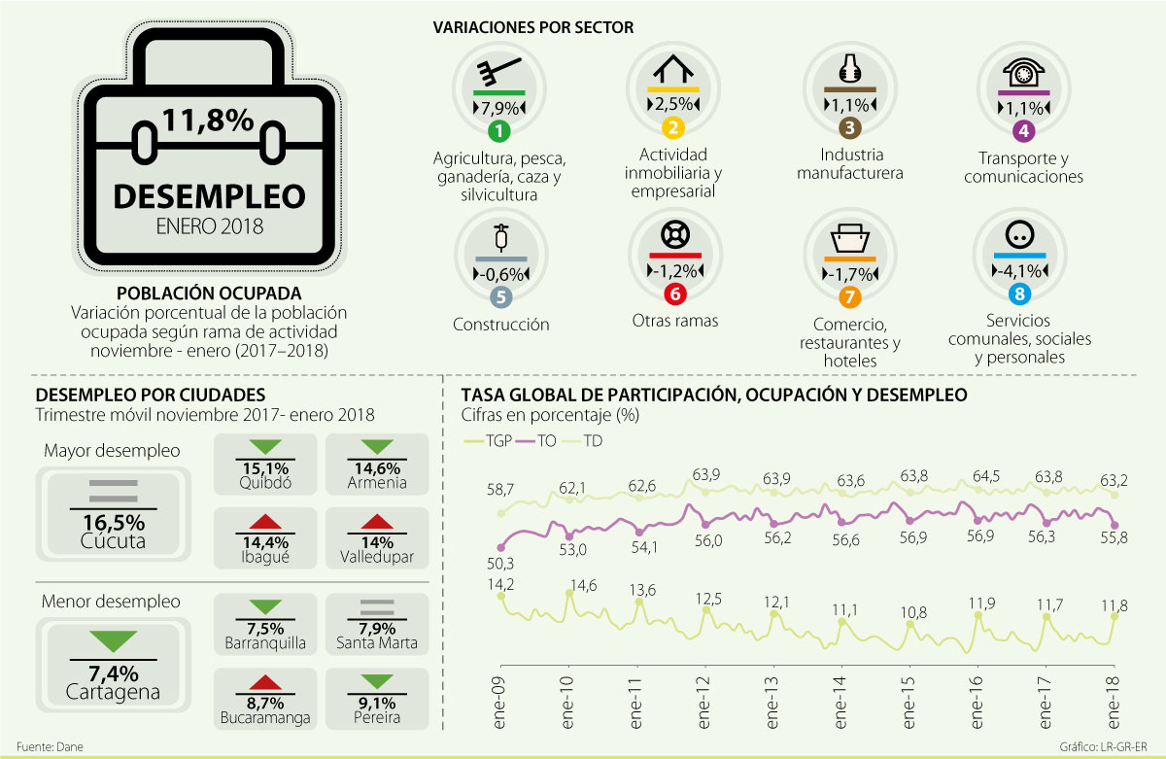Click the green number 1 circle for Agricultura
[x=498, y=131]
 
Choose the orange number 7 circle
[x=848, y=295]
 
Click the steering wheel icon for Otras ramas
[x=673, y=235]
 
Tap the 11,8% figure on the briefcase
[x=208, y=121]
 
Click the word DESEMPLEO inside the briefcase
[x=209, y=195]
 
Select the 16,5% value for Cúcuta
[x=107, y=522]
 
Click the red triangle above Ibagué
[x=264, y=525]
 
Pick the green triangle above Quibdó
[x=264, y=446]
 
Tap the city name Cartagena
[x=113, y=692]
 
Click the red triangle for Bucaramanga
[x=264, y=683]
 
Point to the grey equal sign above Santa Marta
[x=375, y=604]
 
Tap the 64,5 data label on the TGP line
[x=986, y=477]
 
